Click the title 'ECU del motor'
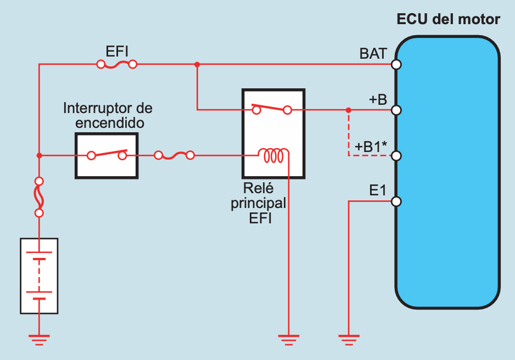tap(448, 20)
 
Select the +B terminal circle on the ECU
tap(396, 110)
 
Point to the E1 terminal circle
tap(396, 201)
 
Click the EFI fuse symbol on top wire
tap(116, 65)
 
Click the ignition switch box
tap(107, 155)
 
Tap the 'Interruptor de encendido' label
tap(108, 115)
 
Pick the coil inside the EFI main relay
tap(273, 156)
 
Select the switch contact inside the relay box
tap(271, 109)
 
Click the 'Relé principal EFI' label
tap(258, 203)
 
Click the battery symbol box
tap(39, 275)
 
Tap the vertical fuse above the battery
tap(39, 197)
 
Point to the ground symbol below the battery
tap(39, 339)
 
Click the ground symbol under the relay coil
tap(288, 339)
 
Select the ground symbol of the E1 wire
tap(349, 339)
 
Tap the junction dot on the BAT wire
tap(197, 65)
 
